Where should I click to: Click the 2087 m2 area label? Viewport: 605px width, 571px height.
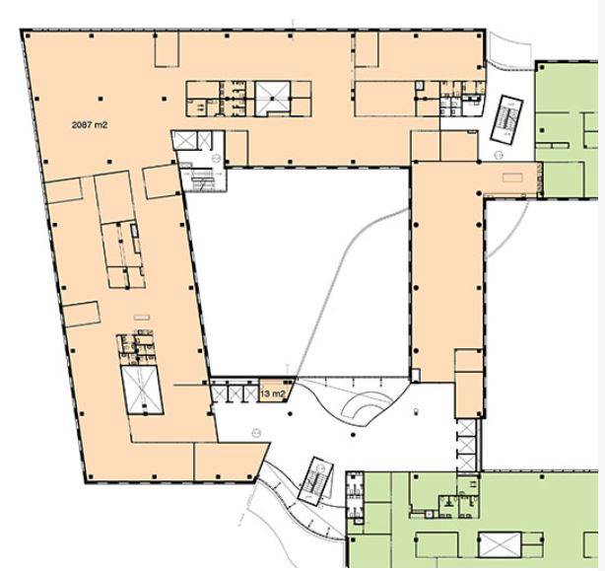(90, 124)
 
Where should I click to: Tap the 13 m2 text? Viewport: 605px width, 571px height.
(273, 394)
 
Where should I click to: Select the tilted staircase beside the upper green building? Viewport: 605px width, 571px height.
(506, 119)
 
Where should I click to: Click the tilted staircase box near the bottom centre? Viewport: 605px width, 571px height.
(316, 481)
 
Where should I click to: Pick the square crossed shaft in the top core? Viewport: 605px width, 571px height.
(273, 98)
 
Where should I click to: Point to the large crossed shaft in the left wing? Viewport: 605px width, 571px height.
(142, 390)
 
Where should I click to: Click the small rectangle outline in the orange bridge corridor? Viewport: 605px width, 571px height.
(512, 178)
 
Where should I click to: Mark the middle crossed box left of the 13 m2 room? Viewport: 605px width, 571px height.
(235, 393)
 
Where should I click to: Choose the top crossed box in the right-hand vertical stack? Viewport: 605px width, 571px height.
(466, 428)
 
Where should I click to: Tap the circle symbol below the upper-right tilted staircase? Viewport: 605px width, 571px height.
(499, 155)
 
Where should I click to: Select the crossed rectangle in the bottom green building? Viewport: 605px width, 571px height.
(500, 544)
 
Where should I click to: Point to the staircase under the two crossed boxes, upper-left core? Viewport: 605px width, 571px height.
(202, 179)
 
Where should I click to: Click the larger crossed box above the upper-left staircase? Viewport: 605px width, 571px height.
(185, 140)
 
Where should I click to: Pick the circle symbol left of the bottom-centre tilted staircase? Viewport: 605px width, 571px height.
(256, 433)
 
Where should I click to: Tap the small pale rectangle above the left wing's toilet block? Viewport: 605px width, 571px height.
(142, 318)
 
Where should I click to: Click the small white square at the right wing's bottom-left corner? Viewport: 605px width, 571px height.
(416, 375)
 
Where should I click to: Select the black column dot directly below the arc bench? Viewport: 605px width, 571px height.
(353, 435)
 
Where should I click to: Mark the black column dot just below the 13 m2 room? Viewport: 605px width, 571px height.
(290, 414)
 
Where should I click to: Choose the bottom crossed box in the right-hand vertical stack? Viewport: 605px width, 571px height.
(466, 464)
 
